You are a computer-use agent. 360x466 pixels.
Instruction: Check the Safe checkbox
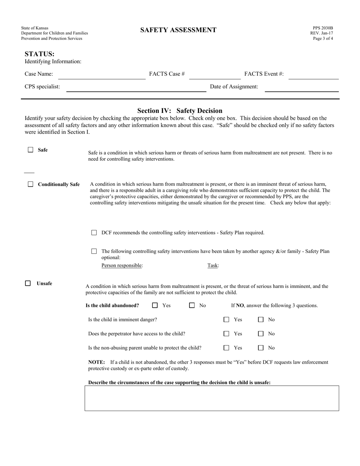[x=31, y=150]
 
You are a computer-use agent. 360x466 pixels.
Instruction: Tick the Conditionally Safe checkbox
[x=31, y=185]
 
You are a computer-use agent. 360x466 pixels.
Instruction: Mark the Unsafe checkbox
[x=28, y=283]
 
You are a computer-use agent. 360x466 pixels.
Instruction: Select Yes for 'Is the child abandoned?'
[x=155, y=305]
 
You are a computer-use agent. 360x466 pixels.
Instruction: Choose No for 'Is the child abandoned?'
[x=192, y=305]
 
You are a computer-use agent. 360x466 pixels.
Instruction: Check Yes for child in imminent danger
[x=226, y=320]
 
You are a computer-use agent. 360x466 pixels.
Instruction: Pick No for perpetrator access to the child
[x=261, y=334]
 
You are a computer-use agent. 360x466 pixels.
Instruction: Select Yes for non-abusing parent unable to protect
[x=226, y=348]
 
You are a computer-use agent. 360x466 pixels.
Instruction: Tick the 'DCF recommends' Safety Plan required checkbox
[x=94, y=233]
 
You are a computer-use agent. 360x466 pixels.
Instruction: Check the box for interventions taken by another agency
[x=94, y=251]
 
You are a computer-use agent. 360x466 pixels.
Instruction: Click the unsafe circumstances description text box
[x=211, y=398]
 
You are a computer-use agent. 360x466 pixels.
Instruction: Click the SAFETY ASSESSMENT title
[x=178, y=30]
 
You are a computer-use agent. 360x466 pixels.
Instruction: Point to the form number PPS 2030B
[x=322, y=28]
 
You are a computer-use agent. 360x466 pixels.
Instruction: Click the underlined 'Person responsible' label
[x=122, y=266]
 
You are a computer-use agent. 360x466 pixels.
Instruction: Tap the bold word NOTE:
[x=96, y=362]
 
